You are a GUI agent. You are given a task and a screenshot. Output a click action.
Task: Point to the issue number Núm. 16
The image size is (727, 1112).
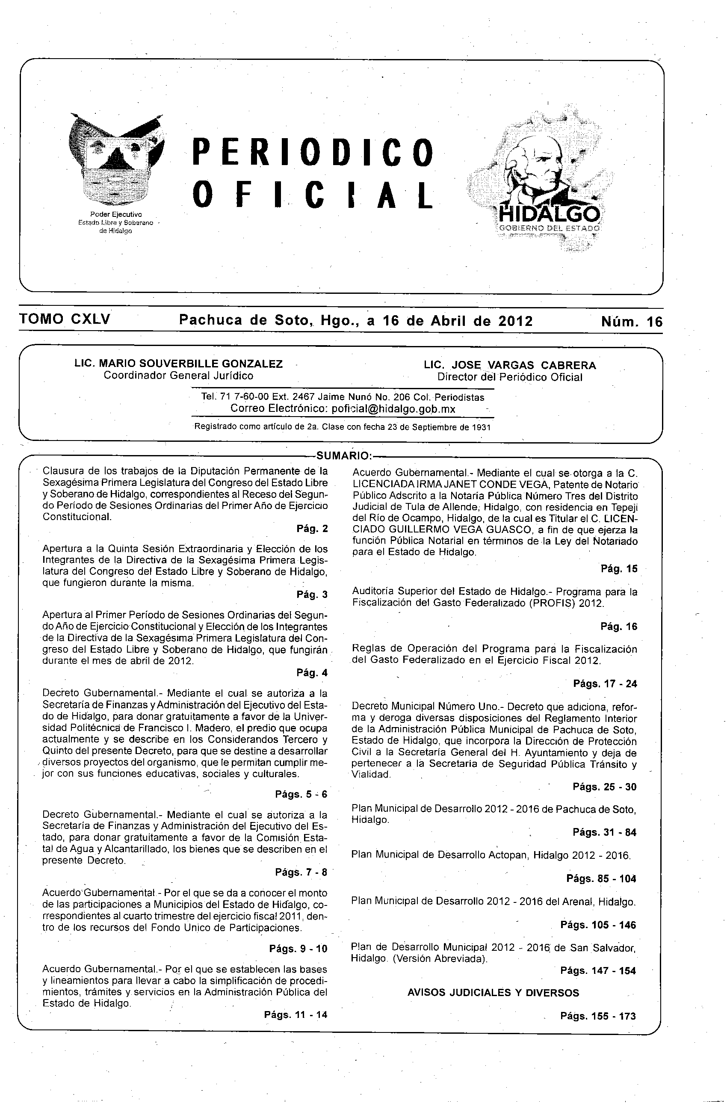click(x=632, y=322)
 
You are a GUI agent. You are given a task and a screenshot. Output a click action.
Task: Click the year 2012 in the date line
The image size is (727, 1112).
click(x=515, y=321)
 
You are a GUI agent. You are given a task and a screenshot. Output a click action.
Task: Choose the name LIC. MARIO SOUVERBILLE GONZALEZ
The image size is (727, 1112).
click(x=178, y=364)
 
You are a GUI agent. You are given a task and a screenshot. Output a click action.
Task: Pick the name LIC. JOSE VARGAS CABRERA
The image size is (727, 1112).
click(x=510, y=365)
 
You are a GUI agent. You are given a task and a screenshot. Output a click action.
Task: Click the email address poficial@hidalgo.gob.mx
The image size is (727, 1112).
click(x=393, y=409)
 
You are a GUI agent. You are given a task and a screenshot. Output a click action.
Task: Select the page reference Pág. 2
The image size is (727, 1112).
click(x=312, y=529)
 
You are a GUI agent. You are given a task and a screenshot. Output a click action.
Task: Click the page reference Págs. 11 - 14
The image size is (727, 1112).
click(x=296, y=1014)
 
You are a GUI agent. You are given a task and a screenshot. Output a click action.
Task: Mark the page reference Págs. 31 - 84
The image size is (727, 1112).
click(x=605, y=832)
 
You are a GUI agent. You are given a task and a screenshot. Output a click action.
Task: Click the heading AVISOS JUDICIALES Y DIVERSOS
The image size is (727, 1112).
click(x=493, y=993)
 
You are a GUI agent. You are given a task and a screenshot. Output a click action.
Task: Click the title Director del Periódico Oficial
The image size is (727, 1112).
click(x=510, y=377)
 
